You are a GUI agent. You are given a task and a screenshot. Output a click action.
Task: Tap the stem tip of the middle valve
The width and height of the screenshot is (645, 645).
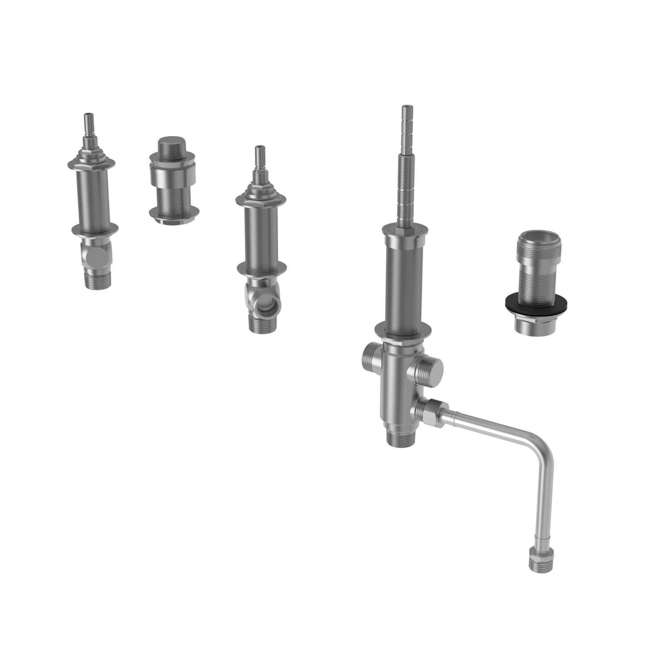point(259,154)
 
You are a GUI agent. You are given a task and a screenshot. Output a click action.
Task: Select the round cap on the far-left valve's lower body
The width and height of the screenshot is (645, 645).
point(95,256)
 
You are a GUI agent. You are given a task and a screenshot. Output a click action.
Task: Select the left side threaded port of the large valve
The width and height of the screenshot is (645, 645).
point(369,355)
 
